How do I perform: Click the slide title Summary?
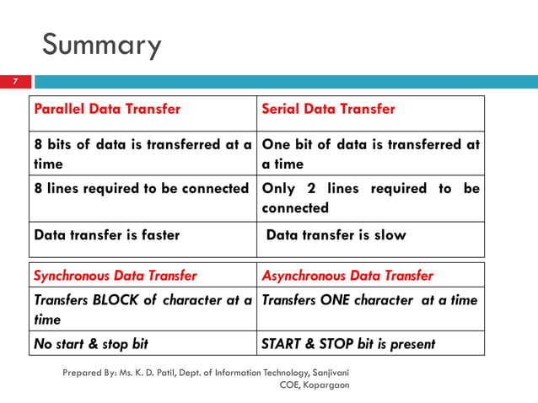coord(101,45)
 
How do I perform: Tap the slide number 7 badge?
coord(15,82)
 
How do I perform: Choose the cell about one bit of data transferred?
coord(370,153)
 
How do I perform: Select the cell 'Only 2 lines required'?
coord(370,197)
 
